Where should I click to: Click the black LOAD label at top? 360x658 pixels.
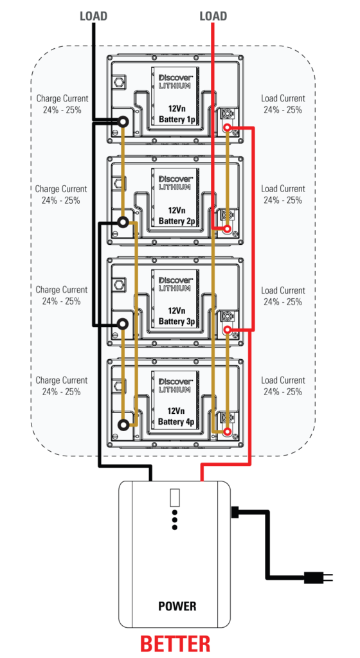coord(94,16)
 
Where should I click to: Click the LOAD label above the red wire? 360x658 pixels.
coord(213,16)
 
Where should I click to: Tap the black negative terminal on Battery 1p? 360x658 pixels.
coord(123,121)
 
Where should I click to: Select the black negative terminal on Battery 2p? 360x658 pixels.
coord(123,222)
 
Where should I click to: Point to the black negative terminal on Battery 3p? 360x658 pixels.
coord(123,324)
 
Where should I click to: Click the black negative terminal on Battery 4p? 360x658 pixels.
coord(123,425)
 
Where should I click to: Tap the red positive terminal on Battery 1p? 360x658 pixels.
coord(228,128)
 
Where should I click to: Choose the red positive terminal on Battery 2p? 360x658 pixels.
coord(228,229)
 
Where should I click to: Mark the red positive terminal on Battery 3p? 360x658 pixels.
coord(228,330)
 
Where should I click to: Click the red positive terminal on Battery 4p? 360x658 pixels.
coord(228,431)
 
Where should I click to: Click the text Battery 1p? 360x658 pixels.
coord(177,119)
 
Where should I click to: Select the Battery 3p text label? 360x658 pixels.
coord(177,321)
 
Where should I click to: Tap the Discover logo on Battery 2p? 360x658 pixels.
coord(175,179)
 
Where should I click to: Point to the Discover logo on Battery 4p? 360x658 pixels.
coord(175,380)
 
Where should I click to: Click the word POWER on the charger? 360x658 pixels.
coord(177,606)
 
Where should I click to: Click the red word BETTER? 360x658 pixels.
coord(175,645)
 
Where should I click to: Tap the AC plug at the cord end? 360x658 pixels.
coord(318,578)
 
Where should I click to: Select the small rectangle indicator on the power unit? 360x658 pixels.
coord(175,497)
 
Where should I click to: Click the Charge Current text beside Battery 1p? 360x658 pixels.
coord(62,104)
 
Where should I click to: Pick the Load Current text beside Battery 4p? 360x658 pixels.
coord(283,386)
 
